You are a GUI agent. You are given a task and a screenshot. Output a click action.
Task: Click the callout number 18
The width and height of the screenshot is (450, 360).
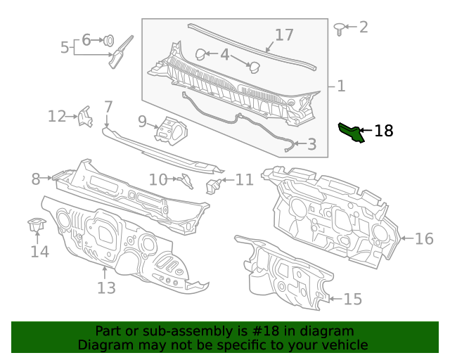(x=384, y=130)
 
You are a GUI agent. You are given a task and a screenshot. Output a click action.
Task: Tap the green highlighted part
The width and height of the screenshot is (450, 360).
(x=351, y=131)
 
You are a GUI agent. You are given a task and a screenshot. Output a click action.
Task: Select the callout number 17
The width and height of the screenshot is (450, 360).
(x=283, y=34)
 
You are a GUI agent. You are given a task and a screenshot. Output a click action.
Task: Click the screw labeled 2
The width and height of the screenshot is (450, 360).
(x=339, y=28)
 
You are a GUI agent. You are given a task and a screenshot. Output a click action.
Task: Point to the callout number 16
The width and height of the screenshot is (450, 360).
(x=424, y=239)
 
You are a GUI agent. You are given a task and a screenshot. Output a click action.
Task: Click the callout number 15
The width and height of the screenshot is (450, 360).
(x=352, y=300)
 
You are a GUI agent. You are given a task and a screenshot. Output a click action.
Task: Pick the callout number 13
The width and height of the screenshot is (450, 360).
(x=105, y=287)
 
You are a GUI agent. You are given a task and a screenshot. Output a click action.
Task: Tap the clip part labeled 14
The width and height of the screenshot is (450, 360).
(x=37, y=226)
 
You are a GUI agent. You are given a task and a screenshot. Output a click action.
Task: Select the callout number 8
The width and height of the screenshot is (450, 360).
(x=36, y=179)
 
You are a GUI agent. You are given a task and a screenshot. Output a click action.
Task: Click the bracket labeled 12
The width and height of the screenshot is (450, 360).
(x=85, y=117)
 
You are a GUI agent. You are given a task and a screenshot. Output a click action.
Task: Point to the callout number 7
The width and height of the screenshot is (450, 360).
(x=108, y=107)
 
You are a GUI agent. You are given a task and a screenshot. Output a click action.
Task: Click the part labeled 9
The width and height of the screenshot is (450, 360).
(x=171, y=130)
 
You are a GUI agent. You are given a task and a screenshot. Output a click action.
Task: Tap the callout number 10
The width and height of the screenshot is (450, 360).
(x=157, y=180)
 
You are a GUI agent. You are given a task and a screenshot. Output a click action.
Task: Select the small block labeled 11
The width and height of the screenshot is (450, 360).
(x=213, y=185)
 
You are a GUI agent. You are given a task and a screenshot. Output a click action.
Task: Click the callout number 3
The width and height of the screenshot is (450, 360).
(x=311, y=145)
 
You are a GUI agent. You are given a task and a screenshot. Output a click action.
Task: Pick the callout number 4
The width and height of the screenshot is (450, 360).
(x=224, y=54)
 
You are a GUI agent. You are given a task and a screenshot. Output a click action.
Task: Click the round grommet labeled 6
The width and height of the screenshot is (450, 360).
(x=110, y=40)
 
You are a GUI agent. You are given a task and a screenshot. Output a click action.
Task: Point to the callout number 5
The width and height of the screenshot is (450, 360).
(x=65, y=48)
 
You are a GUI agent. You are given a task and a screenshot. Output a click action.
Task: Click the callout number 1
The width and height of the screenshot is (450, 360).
(x=341, y=86)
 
